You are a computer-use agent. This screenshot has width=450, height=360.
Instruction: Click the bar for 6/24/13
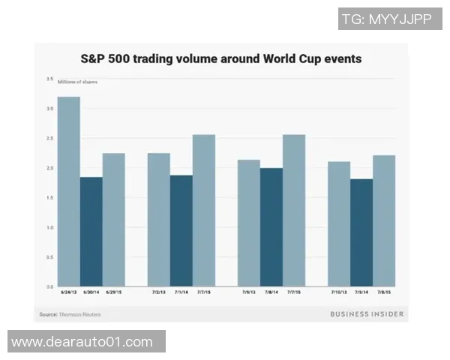[69, 191]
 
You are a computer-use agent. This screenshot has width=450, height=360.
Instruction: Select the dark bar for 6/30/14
[91, 232]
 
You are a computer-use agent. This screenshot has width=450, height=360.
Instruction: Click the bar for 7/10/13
[339, 224]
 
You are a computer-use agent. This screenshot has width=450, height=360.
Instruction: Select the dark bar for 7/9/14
[361, 232]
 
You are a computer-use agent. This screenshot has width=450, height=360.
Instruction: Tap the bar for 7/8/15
[384, 220]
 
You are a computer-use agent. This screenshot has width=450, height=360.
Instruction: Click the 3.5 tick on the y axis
[49, 79]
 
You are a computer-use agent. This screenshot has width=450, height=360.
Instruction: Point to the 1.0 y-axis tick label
[49, 227]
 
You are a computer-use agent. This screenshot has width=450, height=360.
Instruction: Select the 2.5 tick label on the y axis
[49, 138]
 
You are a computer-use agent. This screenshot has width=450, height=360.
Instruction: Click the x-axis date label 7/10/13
[339, 292]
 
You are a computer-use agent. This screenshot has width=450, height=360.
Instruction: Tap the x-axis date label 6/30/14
[91, 292]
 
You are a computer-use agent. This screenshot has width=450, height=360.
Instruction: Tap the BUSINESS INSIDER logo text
[367, 314]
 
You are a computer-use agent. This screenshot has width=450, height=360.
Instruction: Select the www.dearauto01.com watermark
[82, 342]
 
